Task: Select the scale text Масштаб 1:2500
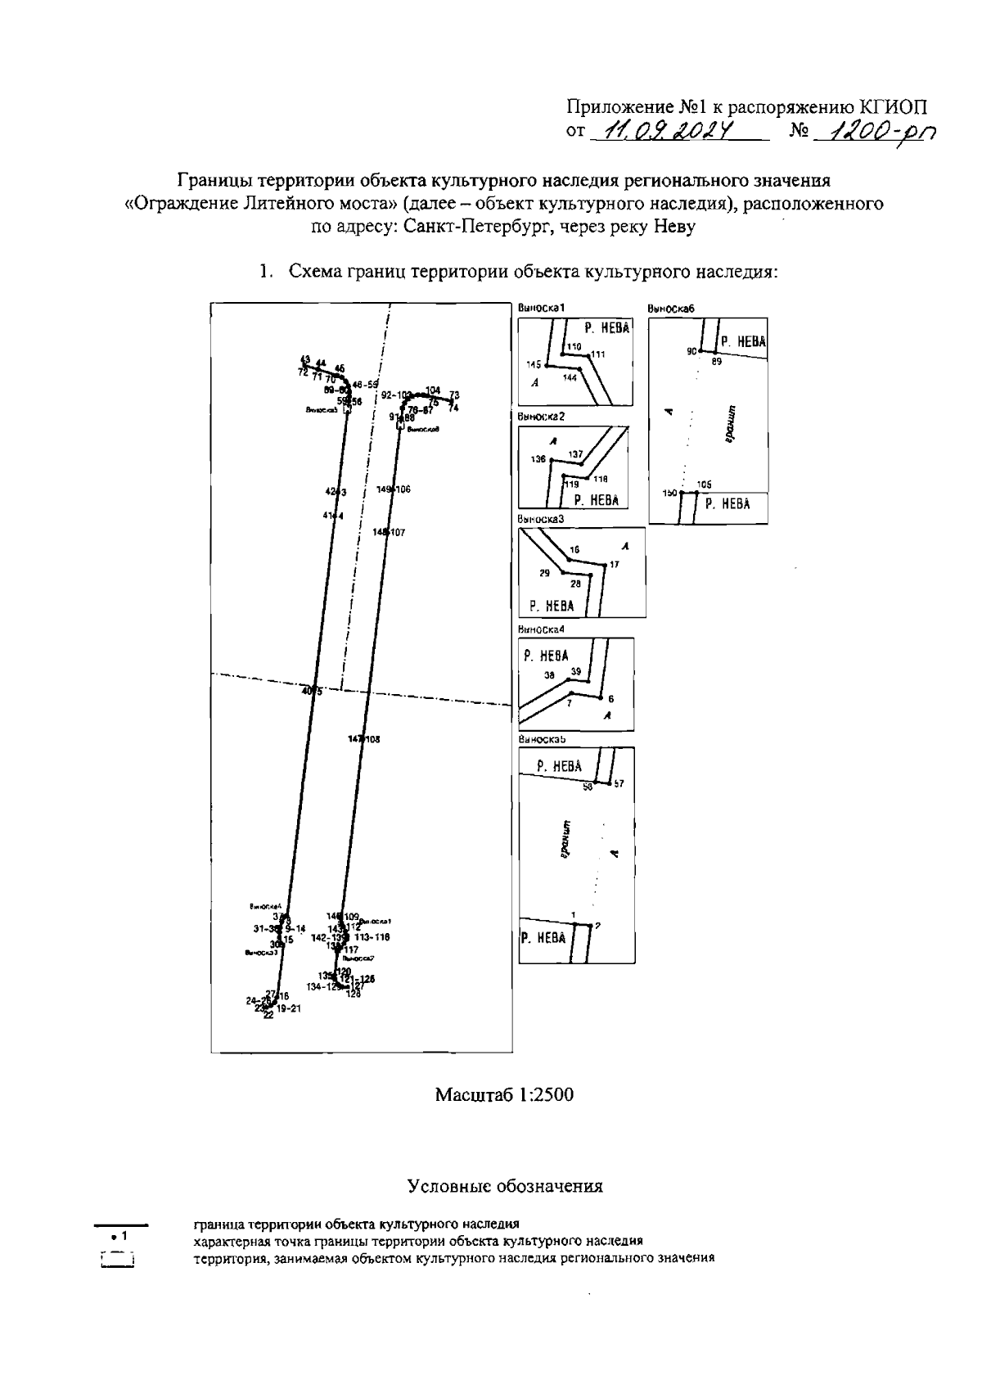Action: (x=504, y=1094)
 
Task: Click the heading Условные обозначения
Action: (x=505, y=1186)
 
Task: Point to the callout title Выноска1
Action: (x=542, y=308)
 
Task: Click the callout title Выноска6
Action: (x=670, y=309)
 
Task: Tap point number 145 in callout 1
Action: (x=534, y=363)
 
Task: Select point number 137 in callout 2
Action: (x=575, y=454)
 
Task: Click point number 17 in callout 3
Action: (x=615, y=565)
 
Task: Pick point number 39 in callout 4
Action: (x=575, y=671)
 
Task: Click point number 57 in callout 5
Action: (x=619, y=784)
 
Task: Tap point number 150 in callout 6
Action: (x=670, y=494)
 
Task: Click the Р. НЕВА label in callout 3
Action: (x=552, y=607)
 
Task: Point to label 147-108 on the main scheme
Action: (x=364, y=739)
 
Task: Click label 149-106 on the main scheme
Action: (x=394, y=489)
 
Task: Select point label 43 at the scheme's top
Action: (x=305, y=359)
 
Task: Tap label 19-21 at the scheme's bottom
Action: (x=289, y=1009)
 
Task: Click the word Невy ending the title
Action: (x=673, y=228)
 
